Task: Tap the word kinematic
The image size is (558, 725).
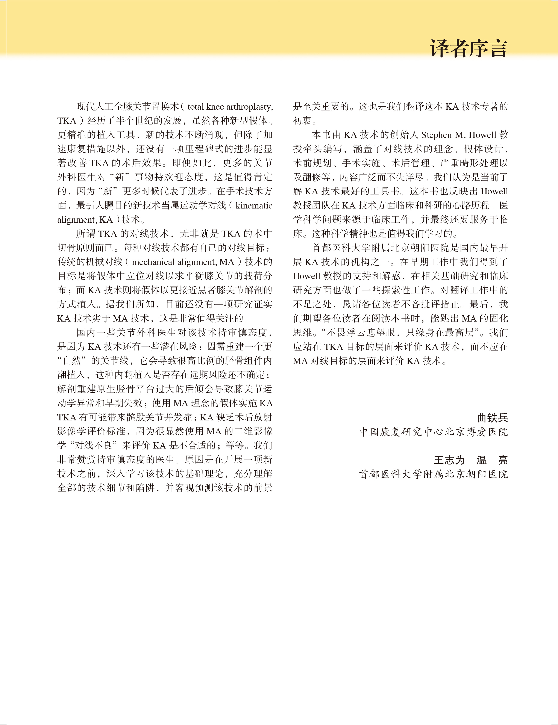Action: pos(254,205)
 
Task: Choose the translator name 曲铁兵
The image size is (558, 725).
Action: pos(492,418)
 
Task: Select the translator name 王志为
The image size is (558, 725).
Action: pos(449,460)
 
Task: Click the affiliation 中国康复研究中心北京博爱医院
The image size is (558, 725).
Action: pos(434,432)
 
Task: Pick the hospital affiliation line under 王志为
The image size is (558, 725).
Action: pos(434,474)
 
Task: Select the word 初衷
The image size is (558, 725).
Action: pos(302,121)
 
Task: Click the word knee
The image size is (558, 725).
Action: pos(215,107)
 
